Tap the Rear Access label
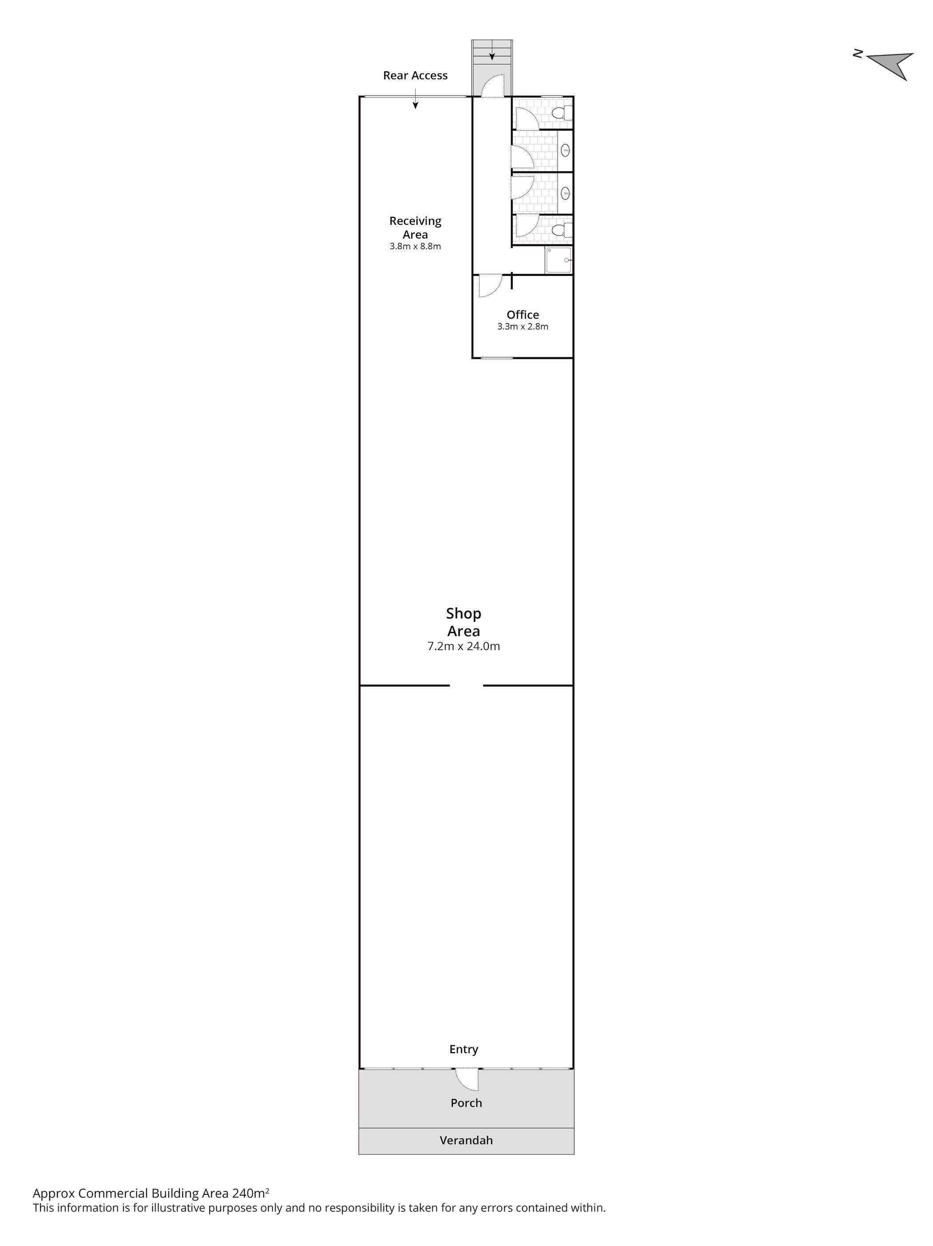point(415,76)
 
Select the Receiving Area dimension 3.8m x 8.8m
point(415,246)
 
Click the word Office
point(522,315)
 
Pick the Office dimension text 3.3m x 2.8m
point(522,327)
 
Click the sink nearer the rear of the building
point(566,150)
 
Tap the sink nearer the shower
point(566,193)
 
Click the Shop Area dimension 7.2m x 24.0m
point(463,647)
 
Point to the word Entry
point(463,1050)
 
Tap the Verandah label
point(466,1141)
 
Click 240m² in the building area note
point(251,1193)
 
